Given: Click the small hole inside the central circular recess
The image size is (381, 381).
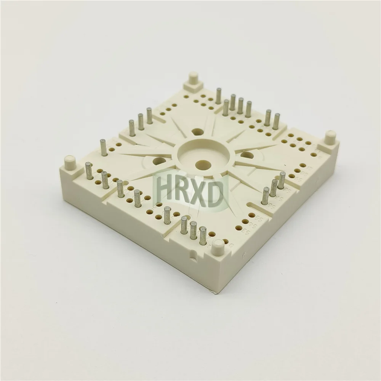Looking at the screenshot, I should [200, 164].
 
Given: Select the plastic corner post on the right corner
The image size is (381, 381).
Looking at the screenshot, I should [330, 138].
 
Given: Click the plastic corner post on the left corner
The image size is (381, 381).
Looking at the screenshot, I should [70, 162].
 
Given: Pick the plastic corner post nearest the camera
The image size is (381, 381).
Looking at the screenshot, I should [218, 247].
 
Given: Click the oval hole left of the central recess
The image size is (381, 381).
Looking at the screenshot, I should [159, 161].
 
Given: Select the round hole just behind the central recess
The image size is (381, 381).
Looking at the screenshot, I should [197, 132].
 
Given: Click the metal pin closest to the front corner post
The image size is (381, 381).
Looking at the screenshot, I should [203, 235].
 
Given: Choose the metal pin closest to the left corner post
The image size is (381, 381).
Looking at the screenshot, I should [89, 171].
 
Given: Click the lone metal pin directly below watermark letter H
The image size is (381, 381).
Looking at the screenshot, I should [167, 215].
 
